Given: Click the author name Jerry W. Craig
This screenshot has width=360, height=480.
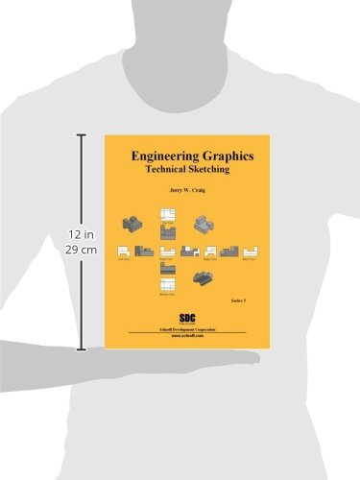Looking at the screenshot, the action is (187, 190).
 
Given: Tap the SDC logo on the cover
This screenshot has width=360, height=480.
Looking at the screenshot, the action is (188, 315).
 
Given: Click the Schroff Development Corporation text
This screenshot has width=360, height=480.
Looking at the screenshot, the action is (188, 328).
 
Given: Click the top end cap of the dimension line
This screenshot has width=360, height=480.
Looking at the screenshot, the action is (81, 135).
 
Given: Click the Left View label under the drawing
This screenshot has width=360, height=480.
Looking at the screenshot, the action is (123, 259).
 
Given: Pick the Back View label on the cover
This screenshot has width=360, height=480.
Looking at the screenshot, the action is (252, 259).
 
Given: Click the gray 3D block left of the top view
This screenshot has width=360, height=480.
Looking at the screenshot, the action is (132, 226).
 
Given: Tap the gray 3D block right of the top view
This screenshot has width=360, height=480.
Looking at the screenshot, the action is (203, 226).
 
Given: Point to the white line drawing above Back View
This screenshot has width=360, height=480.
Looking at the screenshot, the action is (252, 251).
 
